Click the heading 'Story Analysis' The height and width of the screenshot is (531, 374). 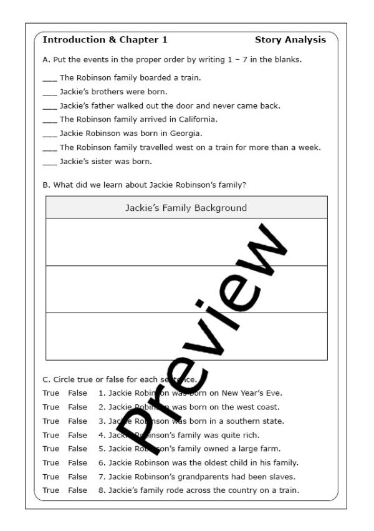[x=290, y=40]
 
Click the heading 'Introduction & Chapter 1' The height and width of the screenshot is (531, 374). [x=105, y=40]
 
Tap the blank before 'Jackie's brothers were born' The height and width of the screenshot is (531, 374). [x=49, y=92]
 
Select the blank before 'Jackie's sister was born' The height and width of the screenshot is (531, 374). [x=49, y=162]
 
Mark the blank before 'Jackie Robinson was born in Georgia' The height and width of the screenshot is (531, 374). [x=49, y=134]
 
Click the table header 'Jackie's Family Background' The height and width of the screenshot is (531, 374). [x=186, y=208]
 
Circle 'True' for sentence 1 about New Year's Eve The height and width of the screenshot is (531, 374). [x=51, y=393]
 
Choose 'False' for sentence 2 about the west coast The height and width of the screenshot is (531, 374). [x=78, y=407]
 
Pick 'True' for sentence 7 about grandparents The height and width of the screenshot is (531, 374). [x=51, y=477]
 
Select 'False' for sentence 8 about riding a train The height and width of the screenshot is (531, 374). [x=78, y=490]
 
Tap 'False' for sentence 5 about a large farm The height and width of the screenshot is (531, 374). [x=78, y=449]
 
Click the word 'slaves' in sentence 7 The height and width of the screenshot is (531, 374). [x=282, y=477]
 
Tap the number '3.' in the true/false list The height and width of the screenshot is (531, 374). [x=102, y=421]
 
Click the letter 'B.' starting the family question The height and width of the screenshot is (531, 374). [x=46, y=185]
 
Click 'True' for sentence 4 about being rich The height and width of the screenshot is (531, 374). [x=51, y=435]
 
